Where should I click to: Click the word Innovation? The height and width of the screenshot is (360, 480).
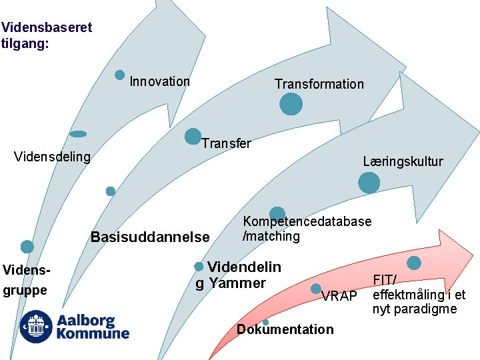pos(159,82)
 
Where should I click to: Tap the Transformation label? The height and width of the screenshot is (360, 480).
pos(319,84)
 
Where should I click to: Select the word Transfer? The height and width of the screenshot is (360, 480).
pos(226,143)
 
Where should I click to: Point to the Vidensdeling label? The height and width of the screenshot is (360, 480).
pos(52,157)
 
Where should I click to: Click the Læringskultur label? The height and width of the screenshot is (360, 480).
pos(403,161)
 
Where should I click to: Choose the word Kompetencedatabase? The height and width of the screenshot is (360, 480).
pos(307,222)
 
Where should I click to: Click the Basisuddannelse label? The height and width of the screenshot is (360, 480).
pos(150,237)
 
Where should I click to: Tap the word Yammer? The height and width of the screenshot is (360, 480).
pos(237,283)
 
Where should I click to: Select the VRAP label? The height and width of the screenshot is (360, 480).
pos(339,296)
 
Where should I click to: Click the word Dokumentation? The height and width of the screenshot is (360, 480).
pos(285,329)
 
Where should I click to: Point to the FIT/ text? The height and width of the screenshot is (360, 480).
pos(385,281)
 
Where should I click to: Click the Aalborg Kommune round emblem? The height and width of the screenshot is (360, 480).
pos(35,327)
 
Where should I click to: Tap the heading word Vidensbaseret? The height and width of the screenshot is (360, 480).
pos(47,28)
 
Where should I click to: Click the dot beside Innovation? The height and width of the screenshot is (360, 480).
pos(120,75)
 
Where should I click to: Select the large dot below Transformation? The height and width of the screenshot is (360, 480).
pos(291,104)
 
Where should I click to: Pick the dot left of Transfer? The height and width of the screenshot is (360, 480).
pos(193,137)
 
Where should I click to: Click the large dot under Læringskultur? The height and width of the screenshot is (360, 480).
pos(369,183)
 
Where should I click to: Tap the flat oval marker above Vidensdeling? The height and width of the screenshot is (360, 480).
pos(78,134)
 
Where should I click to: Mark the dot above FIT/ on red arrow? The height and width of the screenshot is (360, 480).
pos(414,263)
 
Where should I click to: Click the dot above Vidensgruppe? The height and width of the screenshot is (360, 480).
pos(27,247)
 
